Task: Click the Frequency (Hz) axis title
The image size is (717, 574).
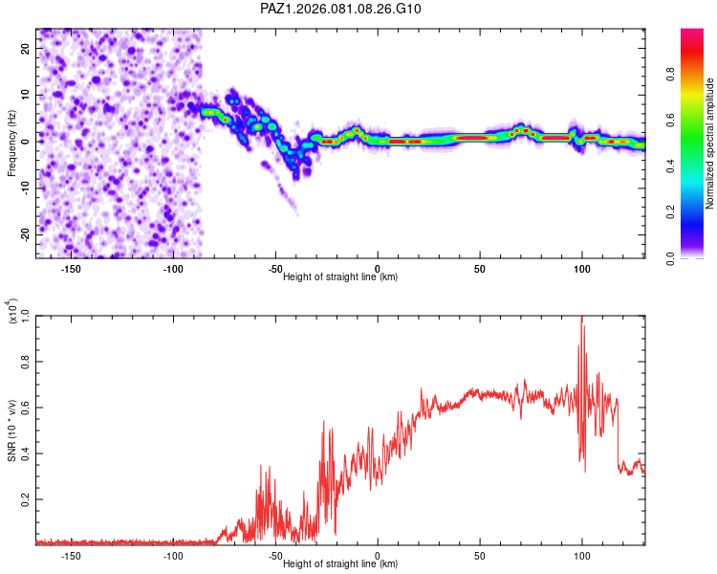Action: click(11, 143)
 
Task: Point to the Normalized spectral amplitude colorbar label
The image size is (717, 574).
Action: click(710, 143)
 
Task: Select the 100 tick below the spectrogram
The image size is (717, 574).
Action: click(581, 268)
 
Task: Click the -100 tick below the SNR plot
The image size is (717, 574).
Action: click(173, 555)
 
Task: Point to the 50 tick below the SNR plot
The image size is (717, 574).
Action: click(479, 555)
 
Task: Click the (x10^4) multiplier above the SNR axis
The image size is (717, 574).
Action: click(11, 312)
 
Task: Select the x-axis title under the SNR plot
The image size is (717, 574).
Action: click(340, 563)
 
